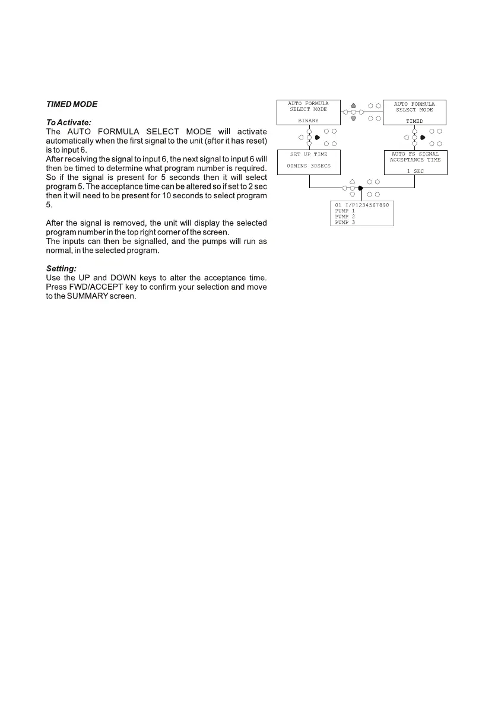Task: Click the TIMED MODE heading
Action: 72,104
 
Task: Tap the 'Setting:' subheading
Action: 61,269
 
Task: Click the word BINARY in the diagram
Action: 308,121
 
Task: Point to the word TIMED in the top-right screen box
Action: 414,121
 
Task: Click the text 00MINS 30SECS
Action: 308,166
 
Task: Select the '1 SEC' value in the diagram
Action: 414,170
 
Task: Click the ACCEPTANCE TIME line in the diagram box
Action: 415,160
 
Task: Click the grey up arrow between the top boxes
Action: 353,105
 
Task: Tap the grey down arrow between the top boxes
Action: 353,119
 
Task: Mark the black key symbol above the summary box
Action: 360,188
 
